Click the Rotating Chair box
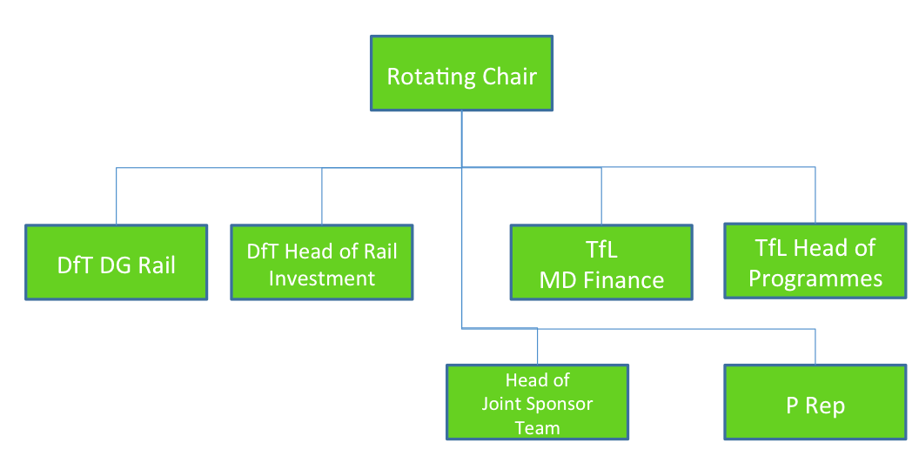[461, 73]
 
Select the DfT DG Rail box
[116, 263]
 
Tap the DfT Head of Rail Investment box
[322, 263]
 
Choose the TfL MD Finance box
[601, 263]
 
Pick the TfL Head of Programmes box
[815, 261]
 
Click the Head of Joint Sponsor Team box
[538, 402]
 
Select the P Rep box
[815, 402]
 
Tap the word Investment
[322, 278]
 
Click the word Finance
[624, 280]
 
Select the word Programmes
[815, 279]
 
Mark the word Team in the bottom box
[538, 428]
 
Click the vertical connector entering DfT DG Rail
[116, 196]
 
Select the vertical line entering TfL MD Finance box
[601, 196]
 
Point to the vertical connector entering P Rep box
[815, 346]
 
